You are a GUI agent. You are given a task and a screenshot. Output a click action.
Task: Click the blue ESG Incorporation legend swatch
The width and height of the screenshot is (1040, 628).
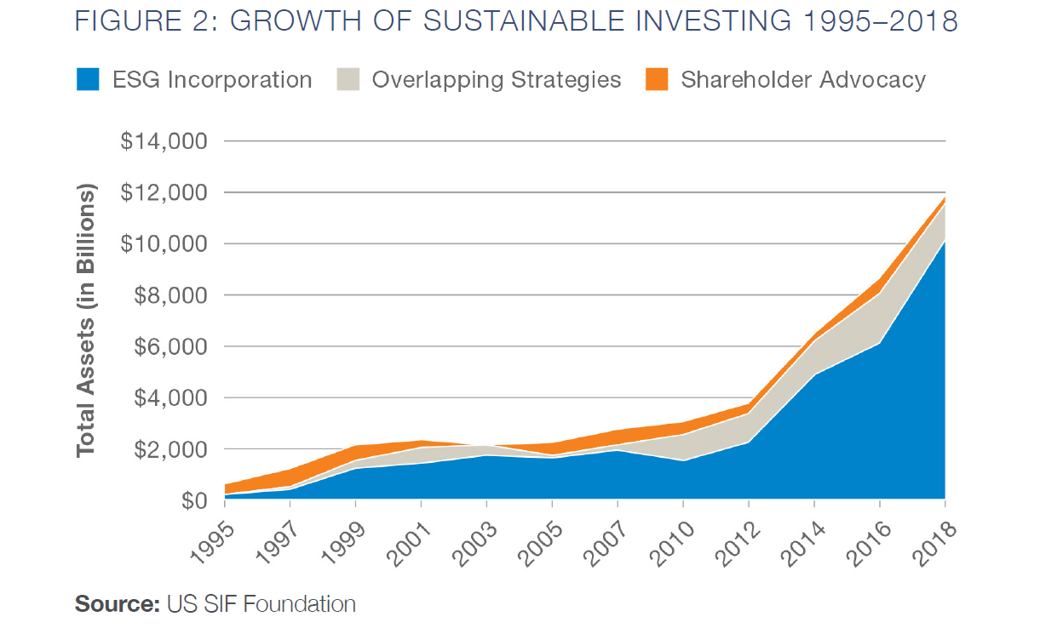tap(89, 80)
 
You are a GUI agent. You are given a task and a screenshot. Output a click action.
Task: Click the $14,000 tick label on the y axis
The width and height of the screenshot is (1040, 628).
tap(164, 141)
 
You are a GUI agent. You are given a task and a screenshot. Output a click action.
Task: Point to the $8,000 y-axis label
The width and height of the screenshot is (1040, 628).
tap(169, 295)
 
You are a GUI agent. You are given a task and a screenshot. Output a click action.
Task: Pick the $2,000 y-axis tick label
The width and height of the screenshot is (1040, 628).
tap(169, 449)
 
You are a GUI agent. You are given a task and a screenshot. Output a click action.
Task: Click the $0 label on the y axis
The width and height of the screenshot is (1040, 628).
tap(192, 500)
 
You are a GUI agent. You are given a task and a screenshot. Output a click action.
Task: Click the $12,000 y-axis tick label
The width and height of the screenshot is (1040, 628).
tap(164, 192)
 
